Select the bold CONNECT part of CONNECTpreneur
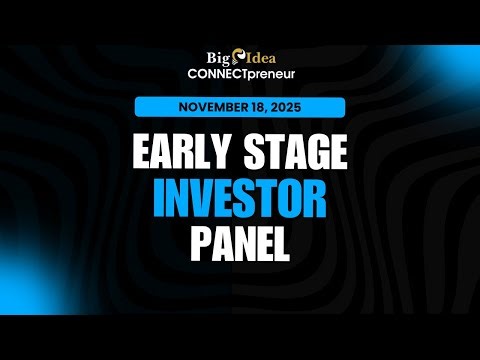[x=214, y=76]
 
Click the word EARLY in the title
[x=185, y=155]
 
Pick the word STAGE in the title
[x=298, y=155]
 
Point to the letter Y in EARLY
[x=230, y=155]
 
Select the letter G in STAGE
[x=315, y=155]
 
